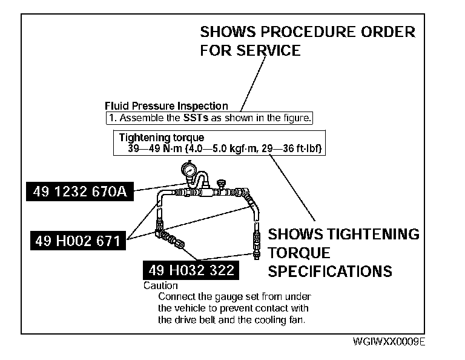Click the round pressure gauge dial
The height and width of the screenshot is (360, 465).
(x=190, y=172)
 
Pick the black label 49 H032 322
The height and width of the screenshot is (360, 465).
(x=190, y=270)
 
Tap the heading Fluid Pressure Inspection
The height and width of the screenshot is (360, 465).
(x=167, y=106)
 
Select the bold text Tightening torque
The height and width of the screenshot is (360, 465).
(x=162, y=138)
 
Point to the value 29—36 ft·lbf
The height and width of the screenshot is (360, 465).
(x=291, y=147)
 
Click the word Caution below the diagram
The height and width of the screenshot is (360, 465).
(x=160, y=285)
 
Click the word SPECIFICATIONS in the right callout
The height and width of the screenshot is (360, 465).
(x=330, y=271)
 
